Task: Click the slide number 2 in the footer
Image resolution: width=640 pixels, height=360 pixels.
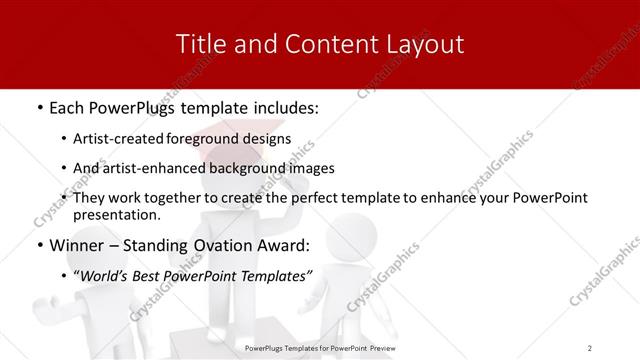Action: [x=590, y=347]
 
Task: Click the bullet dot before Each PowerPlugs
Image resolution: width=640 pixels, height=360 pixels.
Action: [x=39, y=105]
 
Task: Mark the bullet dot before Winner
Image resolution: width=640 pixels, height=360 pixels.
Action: [x=39, y=245]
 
